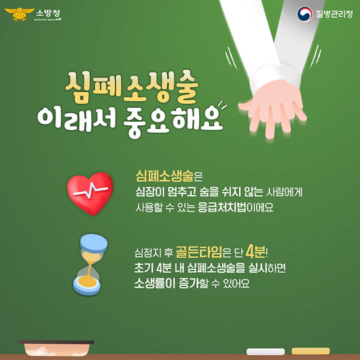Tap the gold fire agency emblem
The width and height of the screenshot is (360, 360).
click(x=17, y=14)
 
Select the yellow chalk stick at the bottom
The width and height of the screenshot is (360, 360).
click(x=310, y=351)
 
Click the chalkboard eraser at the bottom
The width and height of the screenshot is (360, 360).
click(x=56, y=348)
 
